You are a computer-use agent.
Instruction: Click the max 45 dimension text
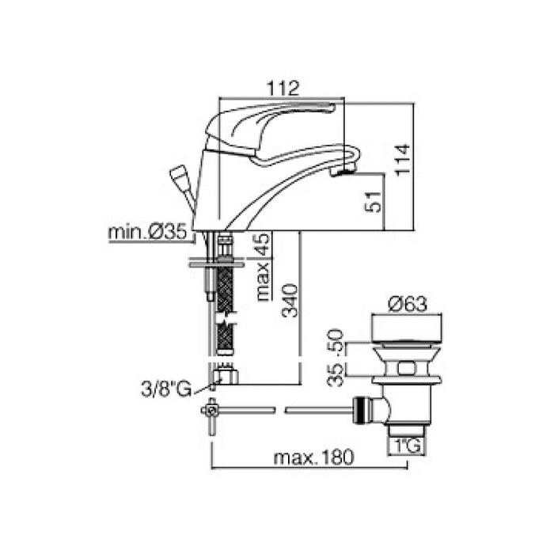(264, 267)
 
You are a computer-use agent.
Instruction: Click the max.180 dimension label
(313, 457)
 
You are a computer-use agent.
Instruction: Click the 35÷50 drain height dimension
(335, 358)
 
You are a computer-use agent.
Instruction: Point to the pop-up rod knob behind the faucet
(180, 175)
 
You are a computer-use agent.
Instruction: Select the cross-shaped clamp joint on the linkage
(211, 410)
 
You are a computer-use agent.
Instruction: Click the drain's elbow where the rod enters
(382, 408)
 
